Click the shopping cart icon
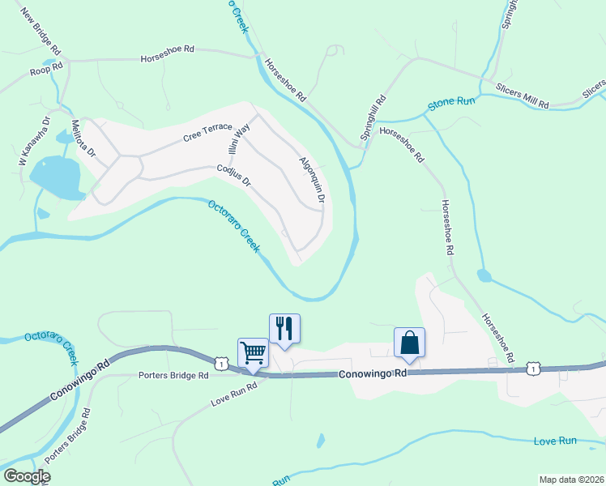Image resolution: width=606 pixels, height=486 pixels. (253, 352)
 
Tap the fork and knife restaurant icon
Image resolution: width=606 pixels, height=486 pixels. (284, 328)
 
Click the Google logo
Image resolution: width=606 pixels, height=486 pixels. (26, 476)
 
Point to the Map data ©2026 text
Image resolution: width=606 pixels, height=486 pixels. (571, 480)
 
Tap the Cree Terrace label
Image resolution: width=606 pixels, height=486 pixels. (207, 132)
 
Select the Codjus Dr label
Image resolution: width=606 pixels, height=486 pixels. (234, 177)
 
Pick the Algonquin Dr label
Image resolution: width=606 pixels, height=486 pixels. (312, 181)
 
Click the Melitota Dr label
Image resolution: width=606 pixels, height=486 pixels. (83, 139)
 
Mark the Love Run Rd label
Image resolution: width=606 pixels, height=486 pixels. (233, 393)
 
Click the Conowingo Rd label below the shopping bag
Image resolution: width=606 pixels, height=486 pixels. (372, 374)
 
